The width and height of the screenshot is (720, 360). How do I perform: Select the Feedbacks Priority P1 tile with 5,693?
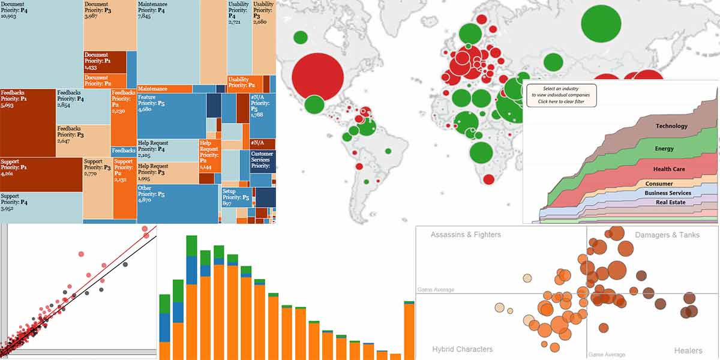tap(28, 123)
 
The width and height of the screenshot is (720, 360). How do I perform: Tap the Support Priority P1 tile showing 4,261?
tap(41, 174)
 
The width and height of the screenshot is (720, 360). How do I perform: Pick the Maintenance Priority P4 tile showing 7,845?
tap(168, 42)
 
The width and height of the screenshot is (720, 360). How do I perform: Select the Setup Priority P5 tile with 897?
tap(236, 197)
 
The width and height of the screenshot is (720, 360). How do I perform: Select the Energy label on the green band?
tap(664, 148)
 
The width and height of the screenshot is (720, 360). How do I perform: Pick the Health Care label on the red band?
tap(669, 169)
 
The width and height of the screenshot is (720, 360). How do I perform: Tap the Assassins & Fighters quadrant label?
tap(465, 235)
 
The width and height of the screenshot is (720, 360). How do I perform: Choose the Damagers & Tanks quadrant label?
tap(667, 235)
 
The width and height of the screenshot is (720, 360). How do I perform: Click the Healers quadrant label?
tap(688, 350)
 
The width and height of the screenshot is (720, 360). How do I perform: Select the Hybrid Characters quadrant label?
tap(462, 349)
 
